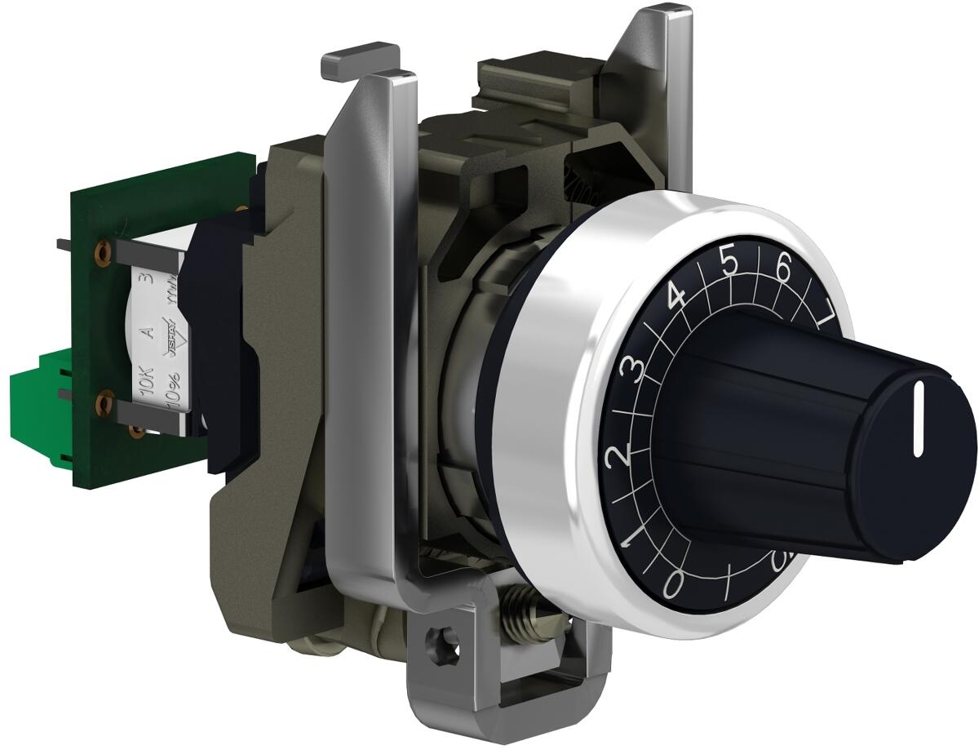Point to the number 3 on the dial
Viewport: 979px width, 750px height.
click(x=629, y=371)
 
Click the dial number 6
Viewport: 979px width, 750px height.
click(x=783, y=270)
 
